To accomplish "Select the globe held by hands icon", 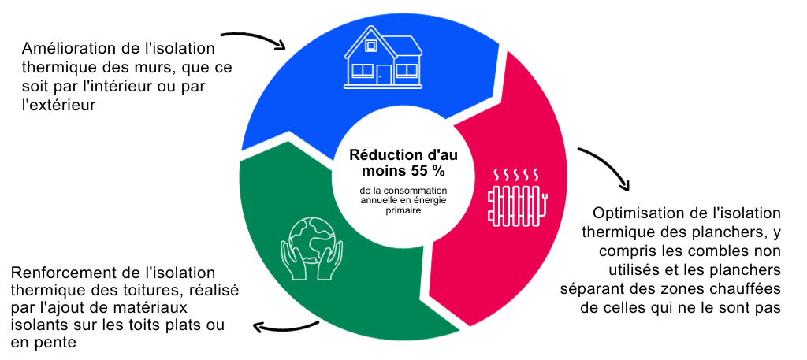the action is pyautogui.click(x=311, y=251).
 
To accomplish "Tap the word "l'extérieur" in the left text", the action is pyautogui.click(x=58, y=106).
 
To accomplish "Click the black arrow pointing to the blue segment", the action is pyautogui.click(x=255, y=37).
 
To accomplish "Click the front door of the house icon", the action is pyautogui.click(x=384, y=75).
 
